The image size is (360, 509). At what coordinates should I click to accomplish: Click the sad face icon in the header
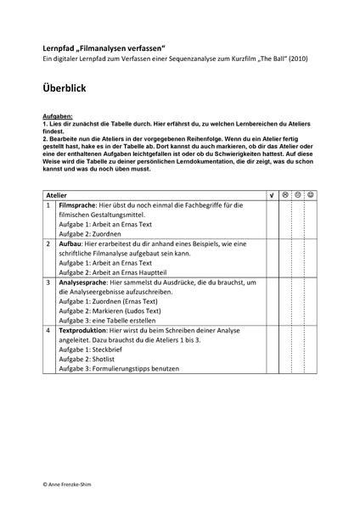(x=285, y=195)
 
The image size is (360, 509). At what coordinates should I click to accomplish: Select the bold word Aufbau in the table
(x=70, y=243)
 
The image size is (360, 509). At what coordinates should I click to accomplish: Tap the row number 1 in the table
(x=48, y=206)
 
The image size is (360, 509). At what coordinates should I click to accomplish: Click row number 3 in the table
(x=48, y=280)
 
